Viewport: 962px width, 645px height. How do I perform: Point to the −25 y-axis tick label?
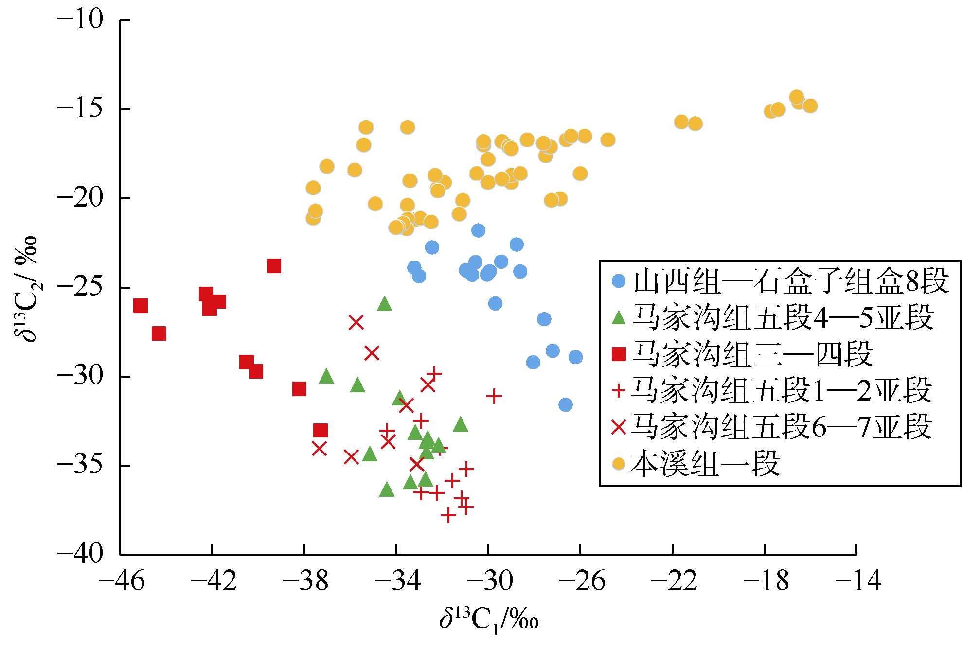coord(81,287)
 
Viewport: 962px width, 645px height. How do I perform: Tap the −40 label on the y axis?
coord(81,554)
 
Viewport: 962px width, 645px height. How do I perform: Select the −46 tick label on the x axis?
coord(121,580)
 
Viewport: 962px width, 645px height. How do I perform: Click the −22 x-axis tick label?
coord(674,580)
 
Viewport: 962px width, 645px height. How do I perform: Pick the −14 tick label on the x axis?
coord(858,580)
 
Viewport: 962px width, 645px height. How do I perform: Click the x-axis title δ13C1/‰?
coord(489,620)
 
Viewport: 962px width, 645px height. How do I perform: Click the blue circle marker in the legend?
coord(618,281)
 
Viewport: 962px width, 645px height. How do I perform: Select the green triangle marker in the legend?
coord(618,318)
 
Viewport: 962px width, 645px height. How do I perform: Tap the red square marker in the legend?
coord(618,354)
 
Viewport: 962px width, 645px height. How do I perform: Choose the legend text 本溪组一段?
coord(705,464)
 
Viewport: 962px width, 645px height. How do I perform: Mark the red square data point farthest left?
coord(140,306)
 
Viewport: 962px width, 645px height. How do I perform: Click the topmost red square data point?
coord(274,266)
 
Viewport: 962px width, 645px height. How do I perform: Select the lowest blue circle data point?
coord(565,404)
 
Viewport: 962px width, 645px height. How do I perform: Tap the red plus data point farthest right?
coord(494,396)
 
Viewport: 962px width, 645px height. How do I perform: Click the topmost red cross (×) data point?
coord(356,322)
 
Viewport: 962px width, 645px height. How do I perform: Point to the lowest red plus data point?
coord(448,515)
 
